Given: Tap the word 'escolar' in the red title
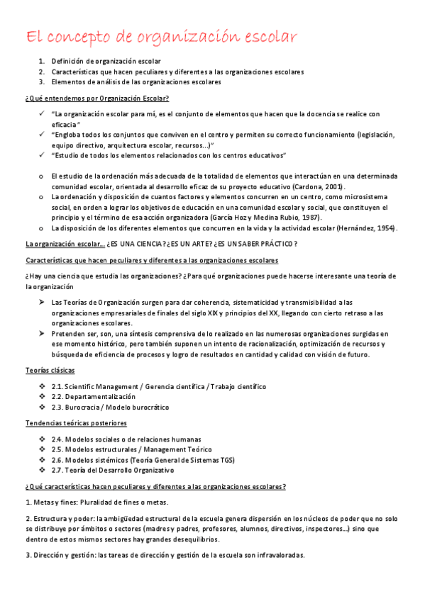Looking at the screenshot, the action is coord(267,36).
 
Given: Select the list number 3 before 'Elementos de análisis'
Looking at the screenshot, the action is coord(41,82).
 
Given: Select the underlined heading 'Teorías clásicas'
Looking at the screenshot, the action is coord(50,370).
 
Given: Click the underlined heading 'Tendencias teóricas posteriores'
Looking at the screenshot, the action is coord(76,423).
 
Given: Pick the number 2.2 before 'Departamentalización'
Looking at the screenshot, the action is coord(57,397).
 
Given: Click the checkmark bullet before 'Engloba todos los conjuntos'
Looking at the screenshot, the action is coord(42,134).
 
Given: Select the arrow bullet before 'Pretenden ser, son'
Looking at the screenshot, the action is coord(42,333).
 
